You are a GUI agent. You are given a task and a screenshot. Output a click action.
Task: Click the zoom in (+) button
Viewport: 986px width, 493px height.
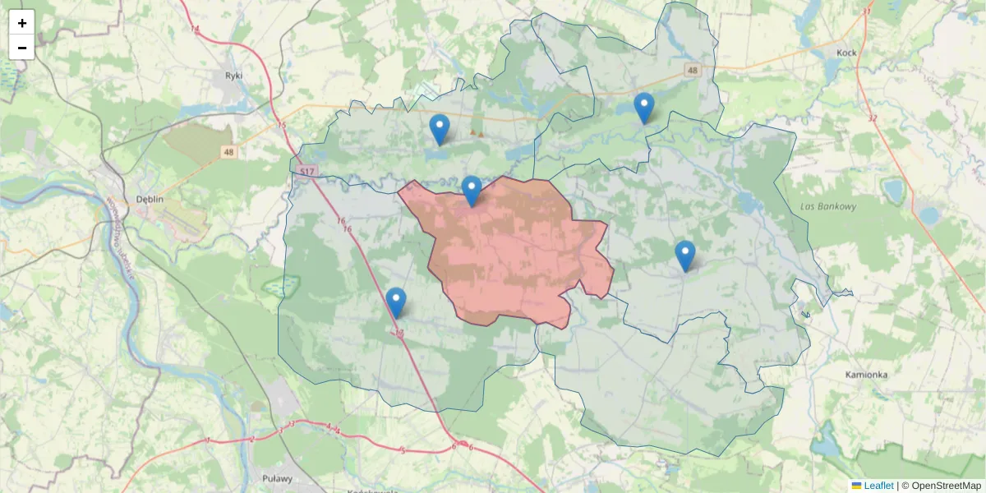pos(21,23)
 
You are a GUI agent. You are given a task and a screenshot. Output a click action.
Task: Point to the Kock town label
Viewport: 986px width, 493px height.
pos(846,53)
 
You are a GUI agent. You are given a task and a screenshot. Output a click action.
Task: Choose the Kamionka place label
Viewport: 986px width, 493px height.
pos(866,375)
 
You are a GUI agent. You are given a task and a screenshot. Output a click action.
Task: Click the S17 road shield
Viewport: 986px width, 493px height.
pos(307,171)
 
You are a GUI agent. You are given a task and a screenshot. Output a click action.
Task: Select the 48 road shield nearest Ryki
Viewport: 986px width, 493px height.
pos(228,152)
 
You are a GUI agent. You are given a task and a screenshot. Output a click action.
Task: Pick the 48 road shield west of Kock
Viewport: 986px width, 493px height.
pos(693,71)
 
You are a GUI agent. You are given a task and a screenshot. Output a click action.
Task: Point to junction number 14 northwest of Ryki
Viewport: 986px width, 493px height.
pos(195,30)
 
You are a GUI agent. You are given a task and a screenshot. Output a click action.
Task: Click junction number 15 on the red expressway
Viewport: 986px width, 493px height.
pos(282,126)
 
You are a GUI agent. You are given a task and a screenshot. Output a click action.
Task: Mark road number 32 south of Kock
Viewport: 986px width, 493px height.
pos(872,117)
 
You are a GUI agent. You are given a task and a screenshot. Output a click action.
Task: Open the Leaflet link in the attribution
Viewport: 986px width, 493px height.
pos(878,486)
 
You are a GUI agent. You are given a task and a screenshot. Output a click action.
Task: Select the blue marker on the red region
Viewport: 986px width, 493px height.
pos(472,191)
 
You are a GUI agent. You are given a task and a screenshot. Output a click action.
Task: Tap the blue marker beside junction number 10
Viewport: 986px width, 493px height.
pos(396,302)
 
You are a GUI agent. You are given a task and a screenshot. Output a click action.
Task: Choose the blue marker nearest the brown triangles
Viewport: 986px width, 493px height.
pos(440,129)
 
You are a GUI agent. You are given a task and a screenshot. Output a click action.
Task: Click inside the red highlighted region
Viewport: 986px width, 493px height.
pos(509,255)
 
